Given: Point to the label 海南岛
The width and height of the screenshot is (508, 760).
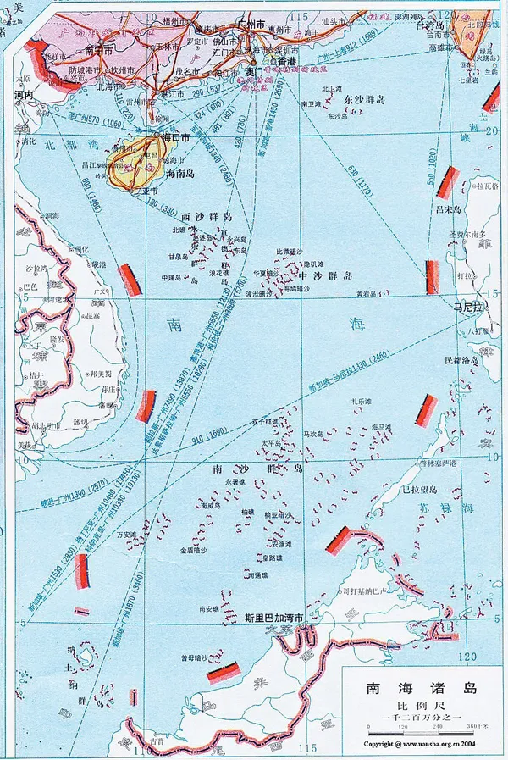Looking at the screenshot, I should (x=180, y=173).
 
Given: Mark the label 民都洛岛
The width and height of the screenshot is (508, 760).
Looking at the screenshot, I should (x=461, y=360).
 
